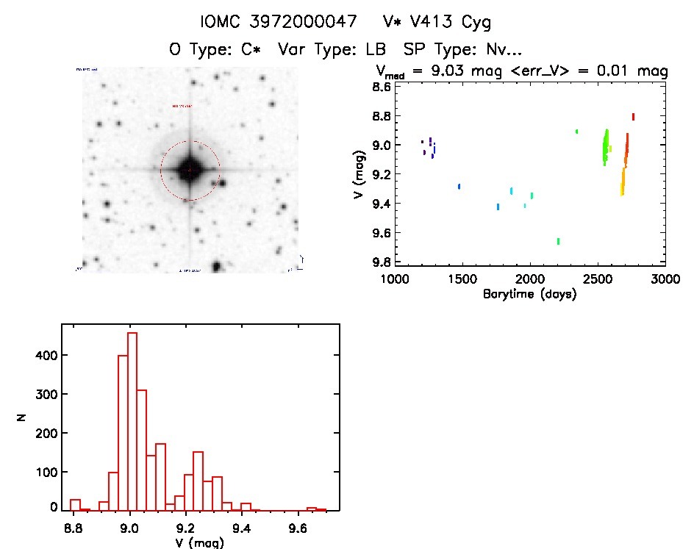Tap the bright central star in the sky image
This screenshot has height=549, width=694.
190,169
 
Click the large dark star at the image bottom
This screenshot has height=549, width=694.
216,266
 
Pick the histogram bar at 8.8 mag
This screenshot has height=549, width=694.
74,504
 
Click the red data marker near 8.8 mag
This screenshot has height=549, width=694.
633,116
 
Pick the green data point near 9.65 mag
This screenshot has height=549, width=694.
559,241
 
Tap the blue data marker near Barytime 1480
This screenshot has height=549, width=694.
459,187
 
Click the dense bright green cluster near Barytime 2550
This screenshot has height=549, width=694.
605,147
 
